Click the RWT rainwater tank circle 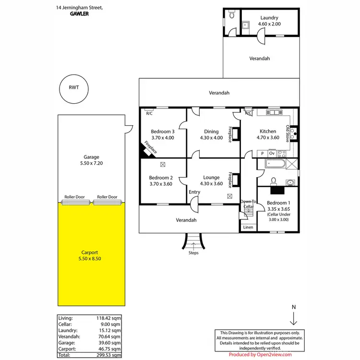73,89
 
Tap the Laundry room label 269,21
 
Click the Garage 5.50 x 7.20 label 91,160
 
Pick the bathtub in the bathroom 272,165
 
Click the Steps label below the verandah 193,253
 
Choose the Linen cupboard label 248,227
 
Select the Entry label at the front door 194,192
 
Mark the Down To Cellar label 248,204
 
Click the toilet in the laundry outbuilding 232,15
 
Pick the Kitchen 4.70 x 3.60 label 268,134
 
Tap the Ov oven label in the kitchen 272,153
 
